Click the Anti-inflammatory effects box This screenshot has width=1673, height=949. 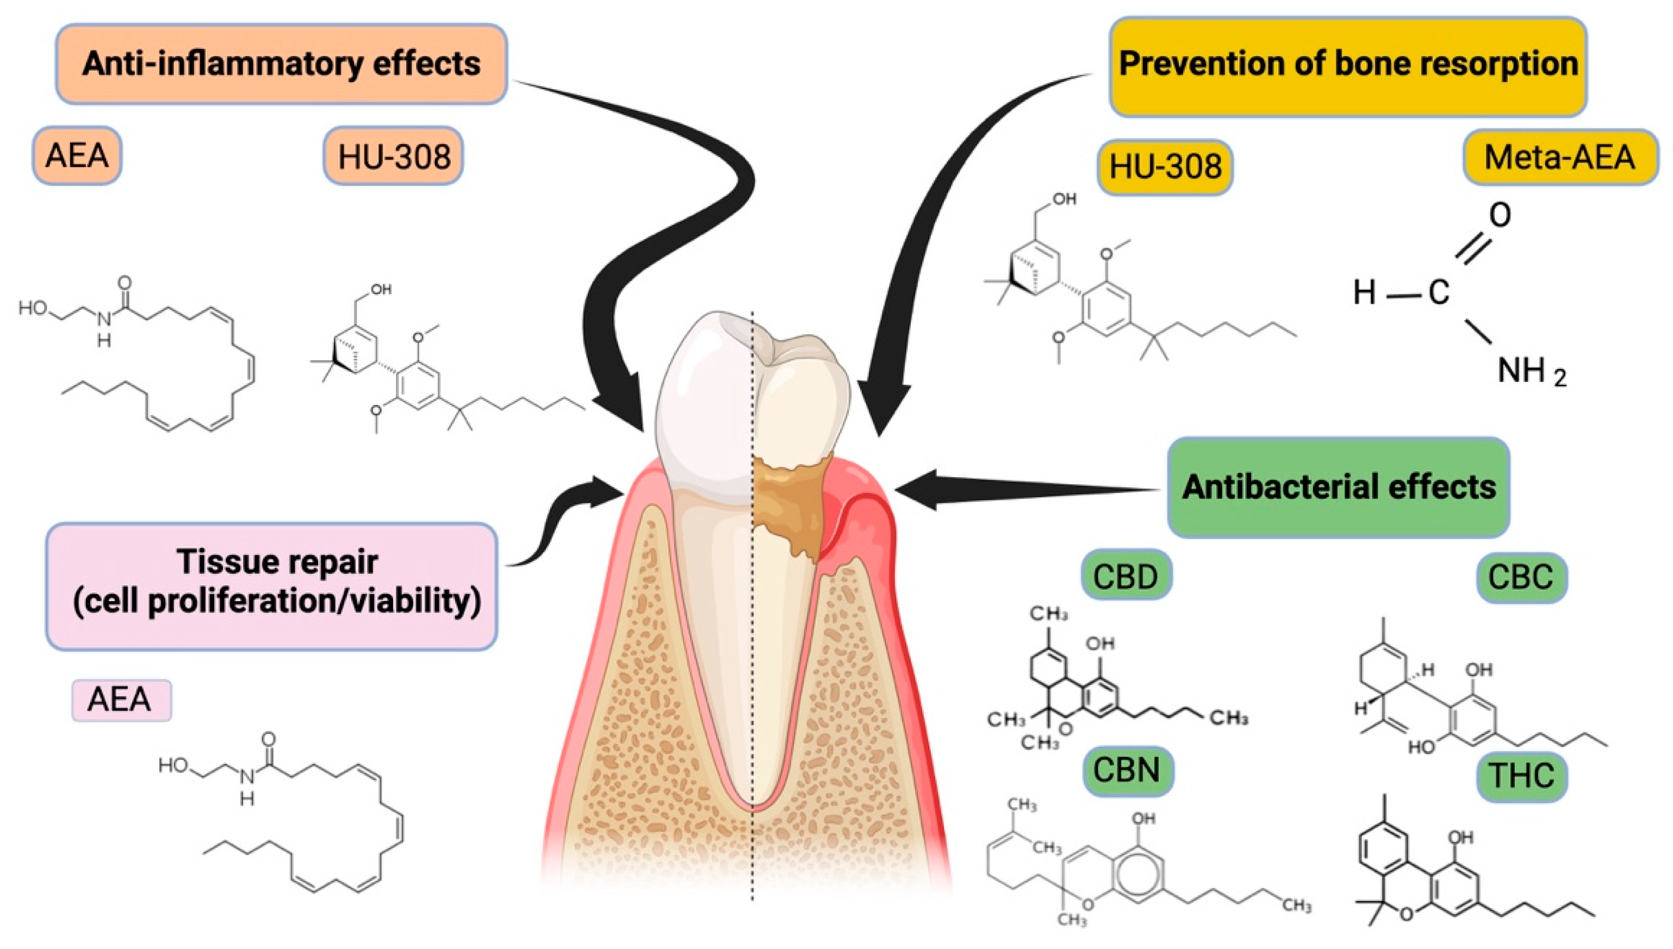click(281, 64)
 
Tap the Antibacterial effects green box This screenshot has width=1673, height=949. click(1339, 487)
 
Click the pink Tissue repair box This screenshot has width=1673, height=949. click(272, 585)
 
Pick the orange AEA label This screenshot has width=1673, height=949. click(77, 156)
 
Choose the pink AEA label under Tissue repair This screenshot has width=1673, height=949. click(121, 700)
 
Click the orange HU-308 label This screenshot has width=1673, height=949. click(394, 157)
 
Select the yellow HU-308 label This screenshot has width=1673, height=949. click(1165, 167)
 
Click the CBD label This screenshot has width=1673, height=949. click(1126, 576)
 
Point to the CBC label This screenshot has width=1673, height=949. click(1521, 577)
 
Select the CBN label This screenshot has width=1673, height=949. click(1127, 770)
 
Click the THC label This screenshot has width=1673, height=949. click(1521, 776)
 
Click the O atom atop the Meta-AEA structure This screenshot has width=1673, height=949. click(1500, 215)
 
